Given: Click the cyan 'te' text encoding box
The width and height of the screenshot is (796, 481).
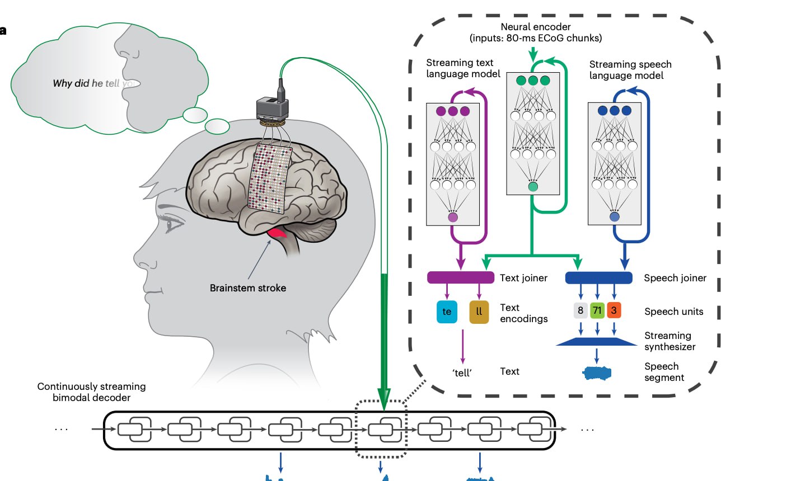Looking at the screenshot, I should [x=447, y=312].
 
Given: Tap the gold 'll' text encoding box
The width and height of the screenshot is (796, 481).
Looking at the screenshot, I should [x=479, y=312].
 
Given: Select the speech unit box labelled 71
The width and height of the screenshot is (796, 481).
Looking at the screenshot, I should [x=597, y=310].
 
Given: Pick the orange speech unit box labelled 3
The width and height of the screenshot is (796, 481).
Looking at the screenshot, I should [x=614, y=310].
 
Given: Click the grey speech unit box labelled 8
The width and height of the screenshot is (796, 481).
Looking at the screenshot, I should [x=580, y=310].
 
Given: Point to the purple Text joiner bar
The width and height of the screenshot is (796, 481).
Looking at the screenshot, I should [x=461, y=277].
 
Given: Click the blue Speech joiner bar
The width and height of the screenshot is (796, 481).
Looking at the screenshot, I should [x=598, y=277].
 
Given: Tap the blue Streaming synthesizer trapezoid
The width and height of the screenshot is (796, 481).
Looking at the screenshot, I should [x=597, y=341].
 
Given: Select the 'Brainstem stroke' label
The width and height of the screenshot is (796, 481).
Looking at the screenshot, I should [x=248, y=288].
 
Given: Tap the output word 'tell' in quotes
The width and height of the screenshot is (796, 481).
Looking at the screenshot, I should [x=462, y=372].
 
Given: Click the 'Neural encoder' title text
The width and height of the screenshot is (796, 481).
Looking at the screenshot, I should [x=536, y=27].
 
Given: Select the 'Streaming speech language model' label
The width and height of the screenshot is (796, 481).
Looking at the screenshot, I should [x=630, y=70].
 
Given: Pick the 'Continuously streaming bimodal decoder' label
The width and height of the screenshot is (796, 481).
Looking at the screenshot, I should [x=91, y=392].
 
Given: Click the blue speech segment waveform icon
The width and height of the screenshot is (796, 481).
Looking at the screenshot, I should [x=597, y=373].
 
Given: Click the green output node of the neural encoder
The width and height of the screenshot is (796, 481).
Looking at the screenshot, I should [x=533, y=187].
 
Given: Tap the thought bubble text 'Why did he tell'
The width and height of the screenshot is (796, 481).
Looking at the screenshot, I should [x=87, y=83].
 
